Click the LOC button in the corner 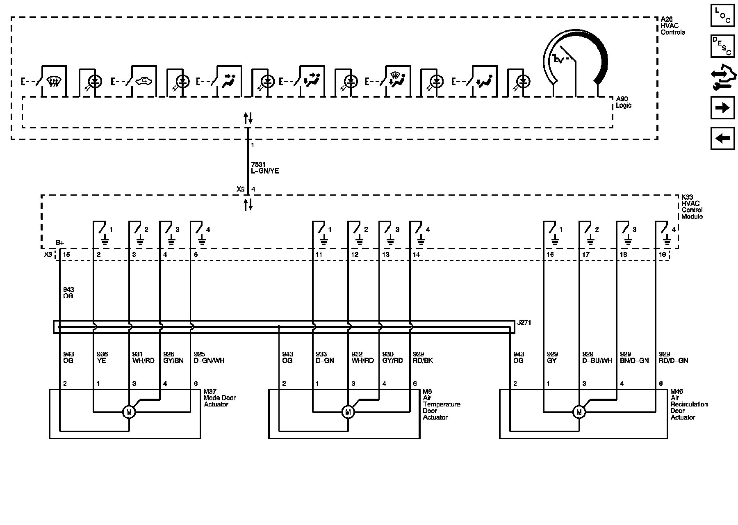722,16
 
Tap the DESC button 722,46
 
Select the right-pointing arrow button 722,108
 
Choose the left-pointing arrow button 722,138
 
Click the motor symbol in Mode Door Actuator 129,412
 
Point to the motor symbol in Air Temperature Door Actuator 348,412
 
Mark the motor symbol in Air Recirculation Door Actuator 579,412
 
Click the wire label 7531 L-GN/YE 264,168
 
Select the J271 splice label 524,323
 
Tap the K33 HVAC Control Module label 692,207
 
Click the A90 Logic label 623,102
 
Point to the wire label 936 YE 102,357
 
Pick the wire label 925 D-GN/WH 209,357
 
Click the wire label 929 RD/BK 422,357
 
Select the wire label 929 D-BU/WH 597,357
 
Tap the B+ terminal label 60,242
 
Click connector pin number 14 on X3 416,255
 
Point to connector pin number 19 662,255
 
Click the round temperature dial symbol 575,62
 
